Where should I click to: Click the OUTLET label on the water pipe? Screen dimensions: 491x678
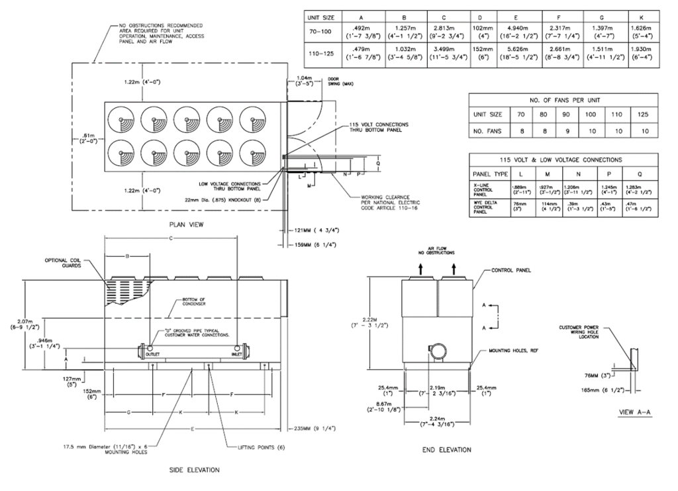[154, 355]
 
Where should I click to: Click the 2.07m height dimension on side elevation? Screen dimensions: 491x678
[22, 324]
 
